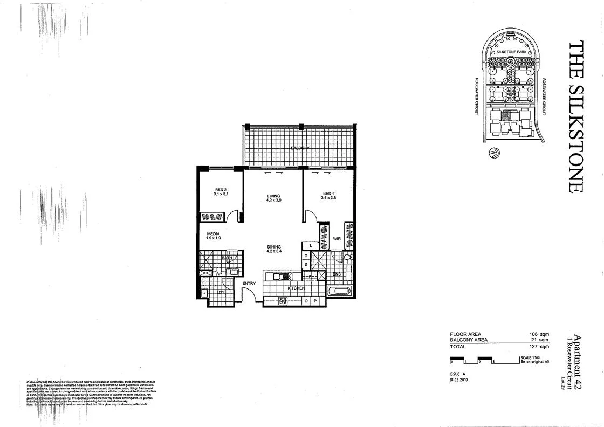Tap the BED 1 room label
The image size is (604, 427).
[x=329, y=194]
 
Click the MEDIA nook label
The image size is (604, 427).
[x=212, y=234]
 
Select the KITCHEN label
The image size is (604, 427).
[x=296, y=289]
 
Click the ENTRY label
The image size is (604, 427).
[x=249, y=283]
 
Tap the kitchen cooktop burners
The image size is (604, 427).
[x=283, y=301]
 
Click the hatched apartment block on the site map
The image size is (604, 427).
[x=506, y=115]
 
